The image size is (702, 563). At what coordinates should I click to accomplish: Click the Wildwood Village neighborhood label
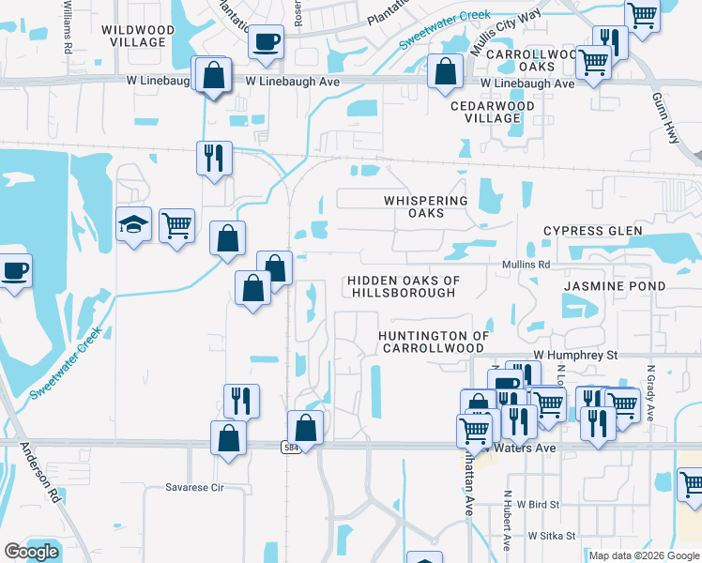click(137, 36)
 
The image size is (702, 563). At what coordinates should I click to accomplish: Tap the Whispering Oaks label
click(425, 206)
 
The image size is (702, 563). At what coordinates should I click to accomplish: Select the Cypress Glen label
click(593, 231)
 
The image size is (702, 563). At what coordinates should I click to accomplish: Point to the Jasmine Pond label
click(615, 286)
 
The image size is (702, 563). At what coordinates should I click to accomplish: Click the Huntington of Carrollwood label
click(434, 341)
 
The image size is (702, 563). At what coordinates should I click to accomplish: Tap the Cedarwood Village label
click(492, 112)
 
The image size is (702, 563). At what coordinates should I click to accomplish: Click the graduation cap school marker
click(133, 225)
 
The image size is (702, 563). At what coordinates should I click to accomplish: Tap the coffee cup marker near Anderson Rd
click(15, 271)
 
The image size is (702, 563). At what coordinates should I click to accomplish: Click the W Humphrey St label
click(575, 356)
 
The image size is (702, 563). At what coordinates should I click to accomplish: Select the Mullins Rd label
click(525, 266)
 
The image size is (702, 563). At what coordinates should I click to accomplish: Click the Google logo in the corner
click(31, 552)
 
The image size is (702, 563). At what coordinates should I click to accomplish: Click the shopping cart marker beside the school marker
click(176, 225)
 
